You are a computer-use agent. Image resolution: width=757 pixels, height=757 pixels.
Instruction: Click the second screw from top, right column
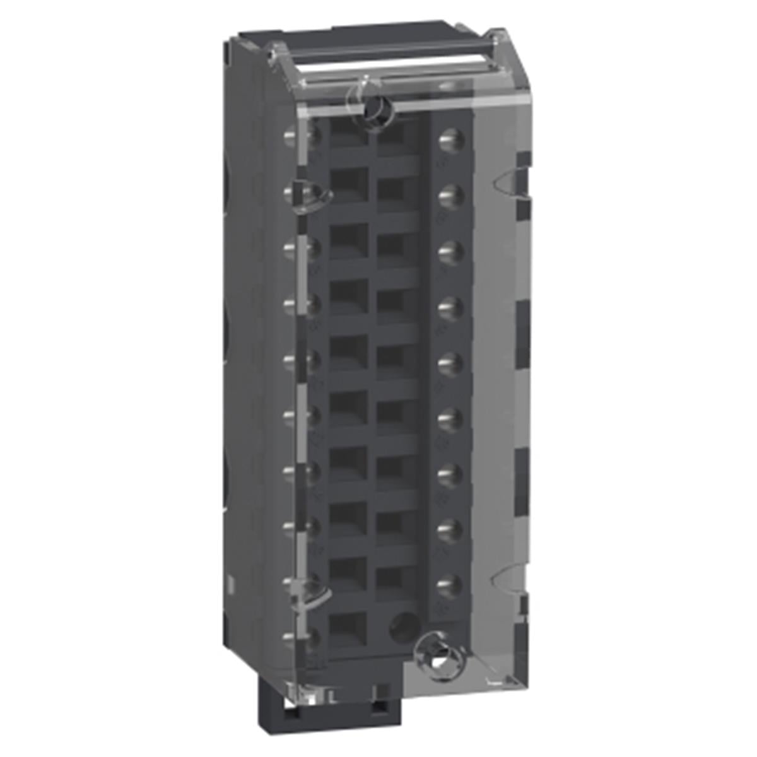pyautogui.click(x=449, y=193)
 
